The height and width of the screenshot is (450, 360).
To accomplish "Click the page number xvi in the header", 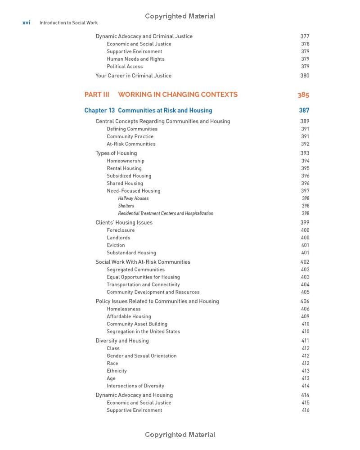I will click(x=27, y=22).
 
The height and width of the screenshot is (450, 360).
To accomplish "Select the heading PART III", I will click(x=97, y=94).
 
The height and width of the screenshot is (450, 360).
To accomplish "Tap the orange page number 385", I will click(x=303, y=95).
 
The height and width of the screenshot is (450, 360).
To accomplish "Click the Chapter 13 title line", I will click(x=148, y=110).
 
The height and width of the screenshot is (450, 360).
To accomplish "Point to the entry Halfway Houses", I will click(x=133, y=198).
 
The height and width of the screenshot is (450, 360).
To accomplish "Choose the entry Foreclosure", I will click(x=121, y=230).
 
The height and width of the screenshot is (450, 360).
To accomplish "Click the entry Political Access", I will click(x=125, y=67).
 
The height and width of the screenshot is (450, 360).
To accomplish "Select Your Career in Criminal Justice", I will click(x=133, y=76).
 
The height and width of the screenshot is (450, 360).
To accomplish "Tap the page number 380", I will click(x=305, y=76).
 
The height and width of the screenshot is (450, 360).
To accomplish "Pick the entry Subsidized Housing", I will click(x=129, y=176).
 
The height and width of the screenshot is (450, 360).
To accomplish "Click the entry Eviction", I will click(x=116, y=245).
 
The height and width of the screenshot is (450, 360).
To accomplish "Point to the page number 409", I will click(x=305, y=316).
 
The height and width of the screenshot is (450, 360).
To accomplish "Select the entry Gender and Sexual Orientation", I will click(x=141, y=356).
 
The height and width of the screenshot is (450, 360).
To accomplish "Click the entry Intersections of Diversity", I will click(x=135, y=386).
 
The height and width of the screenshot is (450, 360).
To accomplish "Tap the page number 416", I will click(x=306, y=410).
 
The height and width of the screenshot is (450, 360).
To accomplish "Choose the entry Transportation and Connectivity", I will click(x=143, y=285).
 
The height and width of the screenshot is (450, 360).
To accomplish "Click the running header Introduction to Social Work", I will click(x=68, y=22).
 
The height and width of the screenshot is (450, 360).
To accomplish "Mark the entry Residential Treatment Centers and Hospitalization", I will click(x=166, y=213).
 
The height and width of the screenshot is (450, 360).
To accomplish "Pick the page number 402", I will click(x=305, y=262).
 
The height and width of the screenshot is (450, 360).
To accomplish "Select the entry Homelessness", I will click(x=123, y=309).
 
